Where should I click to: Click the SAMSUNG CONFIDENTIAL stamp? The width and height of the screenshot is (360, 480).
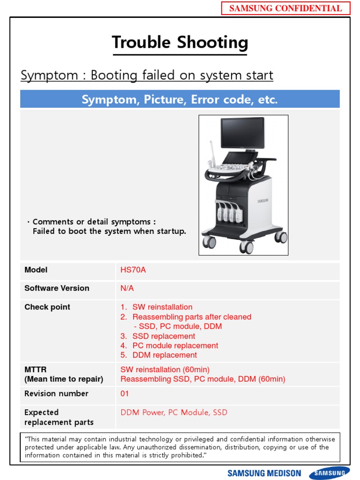click(x=285, y=8)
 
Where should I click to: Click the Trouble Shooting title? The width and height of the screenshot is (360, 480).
click(x=180, y=43)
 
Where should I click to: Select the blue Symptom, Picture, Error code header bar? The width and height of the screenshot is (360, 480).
click(x=180, y=99)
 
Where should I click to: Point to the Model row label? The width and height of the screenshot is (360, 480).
click(x=36, y=270)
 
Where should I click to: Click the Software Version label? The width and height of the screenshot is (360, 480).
click(x=57, y=288)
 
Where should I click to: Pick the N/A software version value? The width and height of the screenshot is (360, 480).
click(x=127, y=288)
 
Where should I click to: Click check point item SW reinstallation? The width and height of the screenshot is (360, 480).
click(x=162, y=307)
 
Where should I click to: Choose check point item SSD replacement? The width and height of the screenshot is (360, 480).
click(x=164, y=336)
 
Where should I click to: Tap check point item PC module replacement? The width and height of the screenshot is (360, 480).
click(x=175, y=345)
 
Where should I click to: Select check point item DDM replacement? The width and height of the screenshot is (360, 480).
click(x=165, y=355)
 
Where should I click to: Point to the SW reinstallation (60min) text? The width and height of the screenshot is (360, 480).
click(x=165, y=369)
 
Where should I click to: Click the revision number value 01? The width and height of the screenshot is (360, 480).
click(x=125, y=394)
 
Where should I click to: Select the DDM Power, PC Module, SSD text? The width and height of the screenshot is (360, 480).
click(x=174, y=412)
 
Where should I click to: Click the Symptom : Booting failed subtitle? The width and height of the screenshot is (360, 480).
click(x=147, y=75)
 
